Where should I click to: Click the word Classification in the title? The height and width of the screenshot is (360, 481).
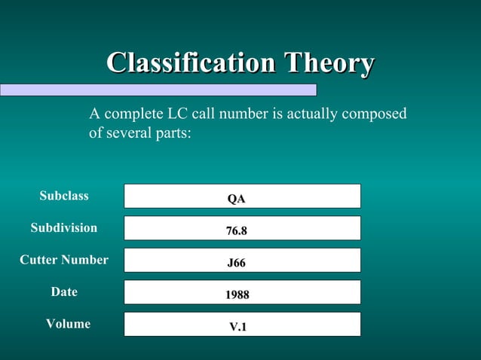(191, 64)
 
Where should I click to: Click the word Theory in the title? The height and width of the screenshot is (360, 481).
(328, 64)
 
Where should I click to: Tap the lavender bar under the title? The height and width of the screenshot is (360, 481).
(158, 90)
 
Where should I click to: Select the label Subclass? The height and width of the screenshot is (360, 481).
(64, 196)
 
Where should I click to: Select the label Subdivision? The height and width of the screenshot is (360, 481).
(64, 227)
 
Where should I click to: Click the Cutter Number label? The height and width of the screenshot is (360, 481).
(64, 260)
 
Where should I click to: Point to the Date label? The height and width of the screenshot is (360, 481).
(64, 291)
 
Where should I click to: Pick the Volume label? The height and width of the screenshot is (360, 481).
(68, 324)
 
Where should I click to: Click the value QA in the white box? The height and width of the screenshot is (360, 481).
(237, 200)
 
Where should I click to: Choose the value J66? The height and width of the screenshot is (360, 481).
(237, 264)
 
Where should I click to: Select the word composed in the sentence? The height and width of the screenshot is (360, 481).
(375, 114)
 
